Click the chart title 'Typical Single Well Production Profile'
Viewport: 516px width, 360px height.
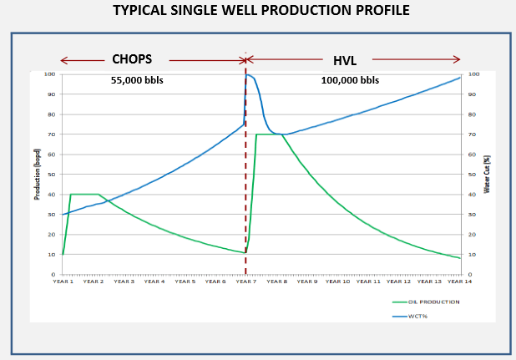click(257, 13)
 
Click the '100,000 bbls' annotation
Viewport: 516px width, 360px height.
click(350, 81)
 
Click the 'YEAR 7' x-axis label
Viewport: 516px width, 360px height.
click(245, 281)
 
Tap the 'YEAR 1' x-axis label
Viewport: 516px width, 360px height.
click(63, 281)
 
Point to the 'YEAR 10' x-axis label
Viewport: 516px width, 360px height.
click(337, 281)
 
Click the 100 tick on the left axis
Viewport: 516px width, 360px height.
click(50, 74)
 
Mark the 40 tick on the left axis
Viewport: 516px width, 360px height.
click(52, 195)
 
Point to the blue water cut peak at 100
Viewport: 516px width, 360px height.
click(248, 75)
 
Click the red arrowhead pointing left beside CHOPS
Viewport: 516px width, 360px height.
click(63, 60)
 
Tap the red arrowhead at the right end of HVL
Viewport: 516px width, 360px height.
click(458, 60)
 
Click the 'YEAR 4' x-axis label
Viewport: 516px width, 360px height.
click(154, 281)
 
